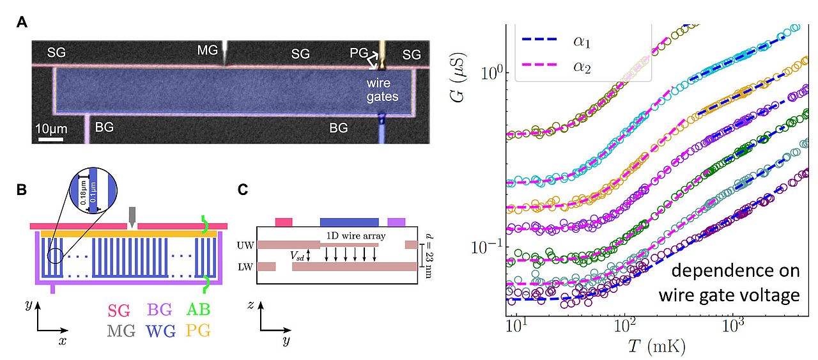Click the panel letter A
click(x=22, y=23)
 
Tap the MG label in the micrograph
click(x=208, y=51)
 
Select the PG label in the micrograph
click(x=359, y=53)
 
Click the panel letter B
click(x=22, y=189)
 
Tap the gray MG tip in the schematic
click(x=132, y=215)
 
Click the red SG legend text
click(x=119, y=311)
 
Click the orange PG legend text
click(x=199, y=331)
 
